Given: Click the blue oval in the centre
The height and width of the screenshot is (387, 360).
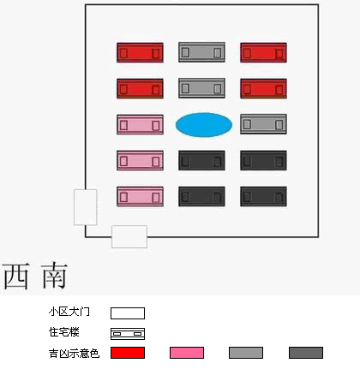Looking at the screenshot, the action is pos(204,125).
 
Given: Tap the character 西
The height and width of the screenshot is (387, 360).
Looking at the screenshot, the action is pos(16,276).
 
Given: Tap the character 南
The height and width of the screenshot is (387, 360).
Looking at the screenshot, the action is pos(54,276).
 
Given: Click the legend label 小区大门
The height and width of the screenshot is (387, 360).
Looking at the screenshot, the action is pos(69,312).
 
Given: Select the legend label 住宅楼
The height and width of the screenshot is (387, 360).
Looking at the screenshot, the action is pos(64,332).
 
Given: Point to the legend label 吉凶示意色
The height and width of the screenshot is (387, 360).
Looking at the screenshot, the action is pos(74,354).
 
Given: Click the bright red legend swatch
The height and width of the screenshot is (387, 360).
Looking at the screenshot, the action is pos(128,353).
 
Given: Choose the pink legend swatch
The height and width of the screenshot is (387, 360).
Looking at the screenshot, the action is pos(187,353).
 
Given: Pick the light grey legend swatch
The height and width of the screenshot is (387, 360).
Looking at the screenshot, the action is pos(246,353).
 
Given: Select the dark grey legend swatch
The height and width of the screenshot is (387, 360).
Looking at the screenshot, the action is pos(306,353).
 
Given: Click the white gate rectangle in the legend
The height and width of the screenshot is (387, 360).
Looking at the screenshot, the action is pos(128,313).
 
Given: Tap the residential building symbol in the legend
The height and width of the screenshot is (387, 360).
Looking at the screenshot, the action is pos(128,334).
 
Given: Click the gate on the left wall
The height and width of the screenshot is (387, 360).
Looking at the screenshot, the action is pos(86,207).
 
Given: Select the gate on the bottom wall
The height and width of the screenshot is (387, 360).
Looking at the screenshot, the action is pos(129,236).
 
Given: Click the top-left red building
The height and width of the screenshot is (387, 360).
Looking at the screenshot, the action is pos(140,52).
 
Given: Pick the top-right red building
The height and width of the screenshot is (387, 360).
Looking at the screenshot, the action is pos(263,52).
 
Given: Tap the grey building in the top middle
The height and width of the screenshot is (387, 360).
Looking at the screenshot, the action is pos(201,52).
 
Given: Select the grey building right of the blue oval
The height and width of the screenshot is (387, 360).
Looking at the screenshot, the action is pos(263,124).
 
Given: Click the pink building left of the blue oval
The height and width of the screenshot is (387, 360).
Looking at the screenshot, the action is pos(140,124).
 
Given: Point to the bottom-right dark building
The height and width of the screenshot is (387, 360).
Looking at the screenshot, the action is pos(263,196).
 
